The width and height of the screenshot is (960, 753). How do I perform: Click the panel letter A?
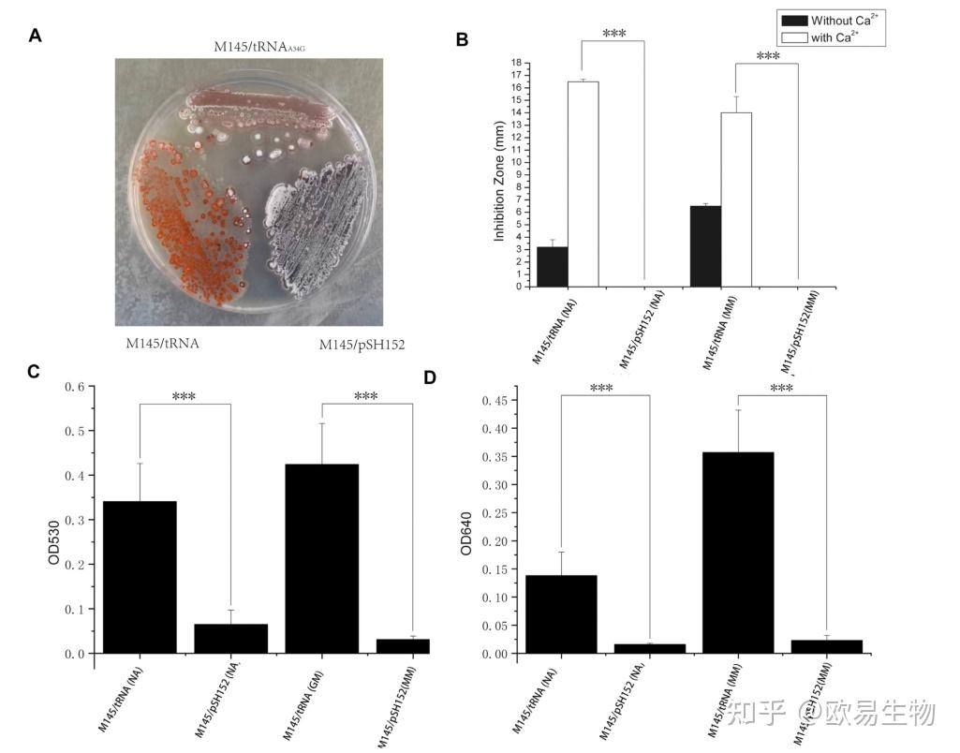point(36,37)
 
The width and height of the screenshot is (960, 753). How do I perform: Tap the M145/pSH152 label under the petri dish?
point(362,345)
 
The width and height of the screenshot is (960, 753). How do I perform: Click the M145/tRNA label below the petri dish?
point(163,343)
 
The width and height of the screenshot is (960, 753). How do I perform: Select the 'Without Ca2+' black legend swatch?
point(792,21)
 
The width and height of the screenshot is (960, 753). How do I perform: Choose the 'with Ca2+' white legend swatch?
point(792,37)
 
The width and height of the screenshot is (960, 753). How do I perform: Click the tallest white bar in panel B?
point(583,184)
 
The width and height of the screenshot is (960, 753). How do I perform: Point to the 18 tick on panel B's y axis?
point(516,63)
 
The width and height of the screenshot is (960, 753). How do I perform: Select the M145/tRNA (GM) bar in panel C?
point(321,558)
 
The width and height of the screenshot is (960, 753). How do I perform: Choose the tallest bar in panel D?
point(738,553)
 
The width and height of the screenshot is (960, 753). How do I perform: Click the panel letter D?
point(430,377)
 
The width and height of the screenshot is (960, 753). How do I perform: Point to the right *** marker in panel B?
point(767,56)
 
